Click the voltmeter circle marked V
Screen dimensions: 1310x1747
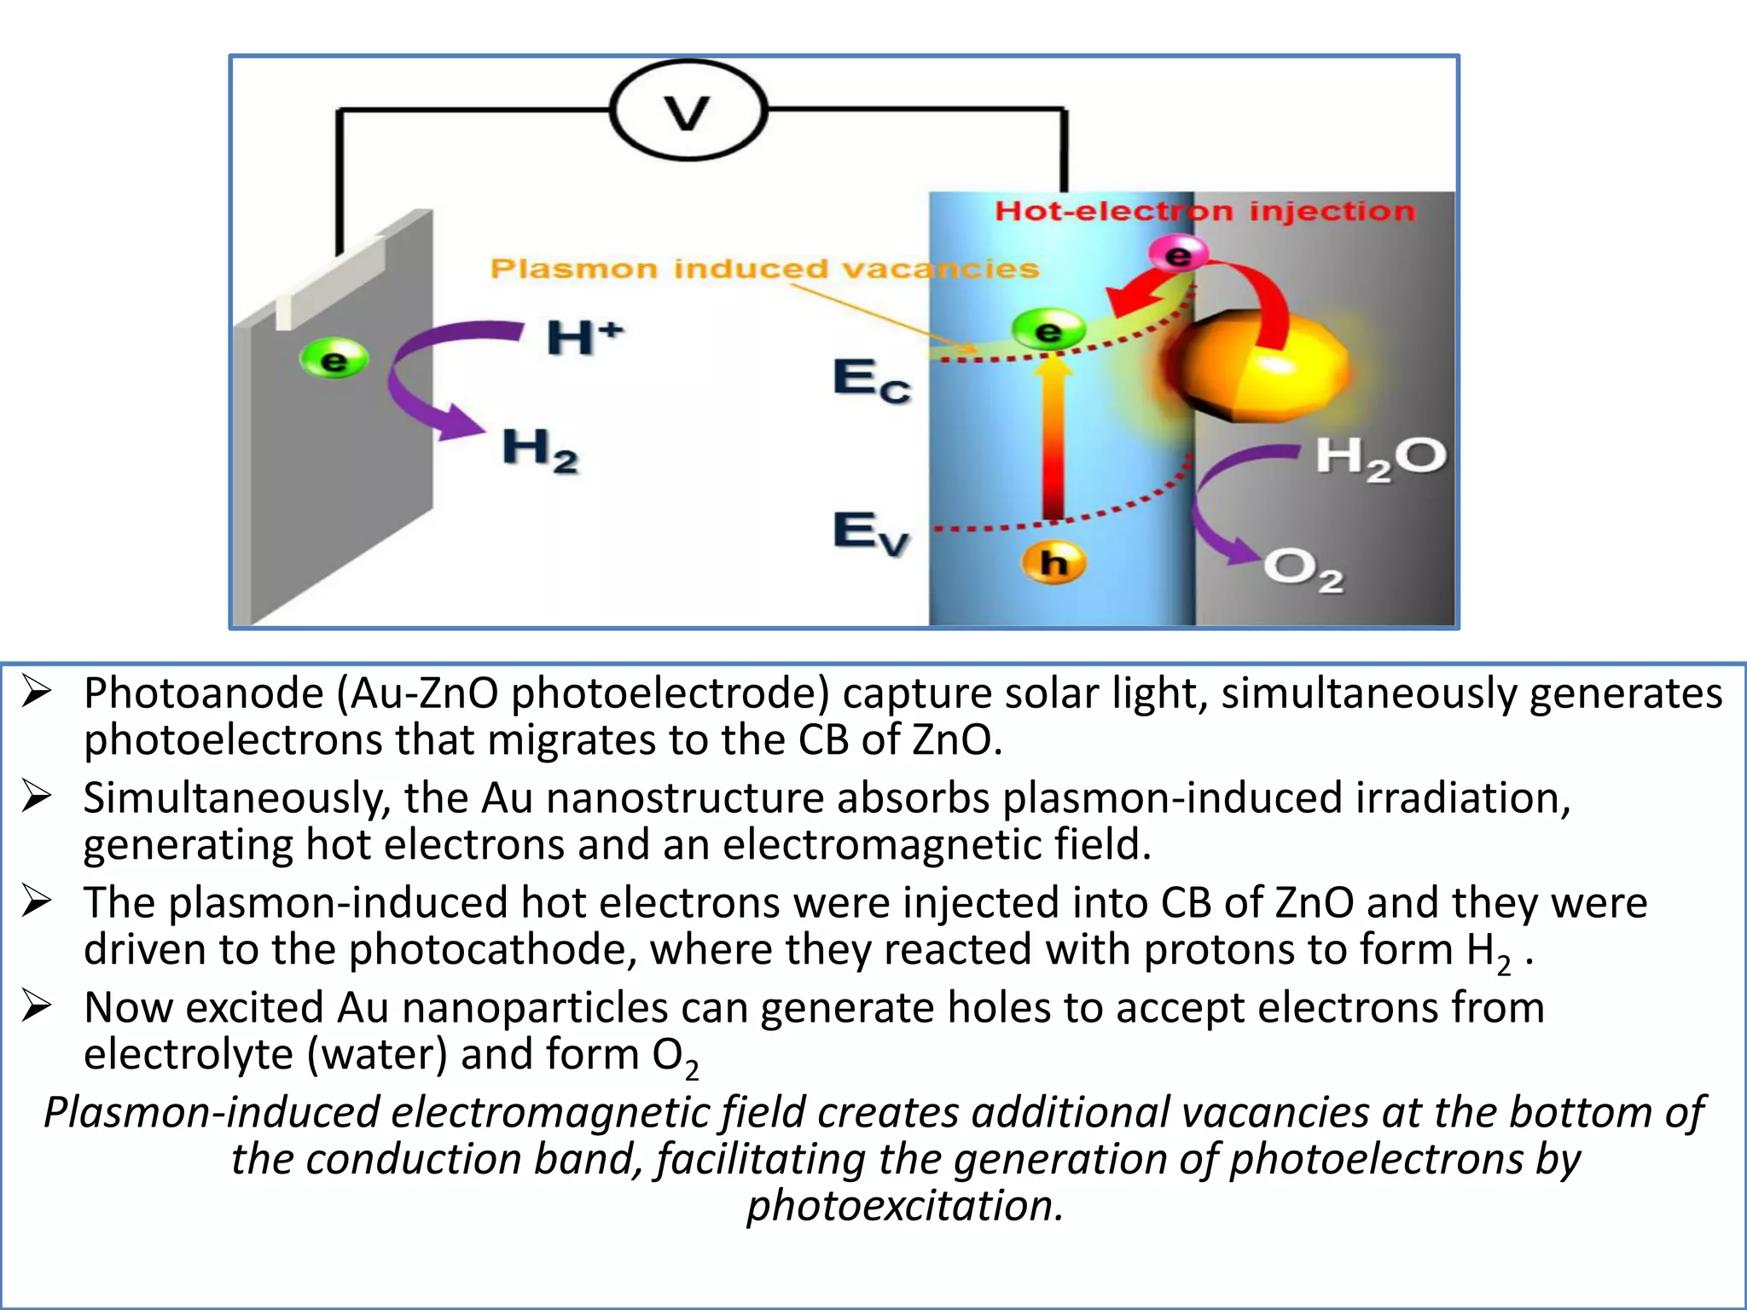688,111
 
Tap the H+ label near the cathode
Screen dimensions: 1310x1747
583,337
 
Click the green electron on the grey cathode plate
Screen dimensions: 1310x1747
334,360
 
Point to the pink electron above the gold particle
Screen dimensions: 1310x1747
1177,254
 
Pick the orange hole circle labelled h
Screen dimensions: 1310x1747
1053,563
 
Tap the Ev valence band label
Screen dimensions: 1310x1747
871,532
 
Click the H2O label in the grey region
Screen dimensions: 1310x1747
1380,457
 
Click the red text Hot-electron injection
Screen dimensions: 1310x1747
1204,211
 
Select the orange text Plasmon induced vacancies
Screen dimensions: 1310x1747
764,269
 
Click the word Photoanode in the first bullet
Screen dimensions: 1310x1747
203,693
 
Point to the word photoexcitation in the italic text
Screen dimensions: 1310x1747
905,1206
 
